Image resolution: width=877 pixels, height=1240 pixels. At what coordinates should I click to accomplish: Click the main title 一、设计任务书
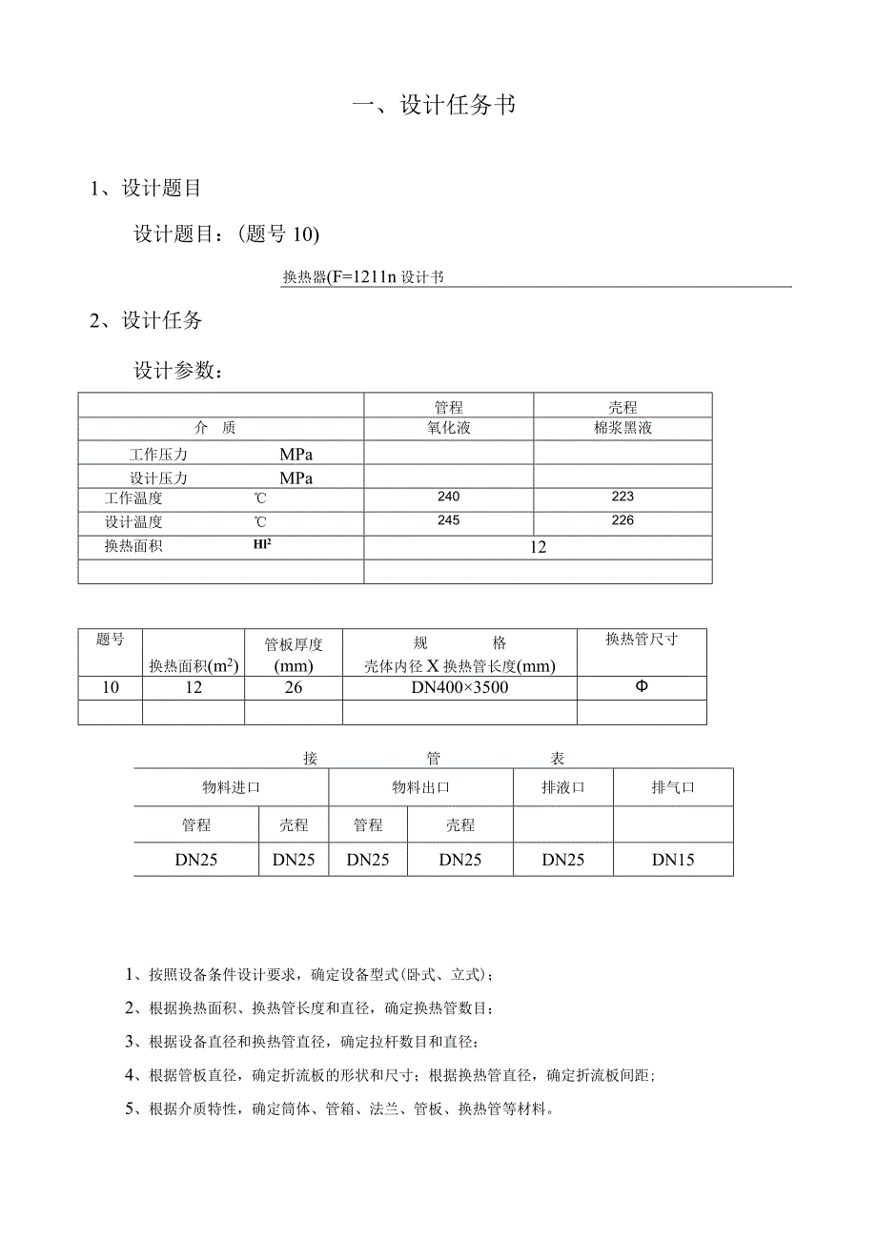coord(435,105)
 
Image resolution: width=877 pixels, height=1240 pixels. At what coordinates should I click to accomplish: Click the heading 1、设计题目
coord(146,189)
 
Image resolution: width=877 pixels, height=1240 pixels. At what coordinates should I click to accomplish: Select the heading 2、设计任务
coord(146,320)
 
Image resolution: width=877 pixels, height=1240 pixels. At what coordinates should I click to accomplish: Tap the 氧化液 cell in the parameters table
coord(449,429)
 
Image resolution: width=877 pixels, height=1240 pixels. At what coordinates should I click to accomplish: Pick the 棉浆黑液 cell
coord(622,429)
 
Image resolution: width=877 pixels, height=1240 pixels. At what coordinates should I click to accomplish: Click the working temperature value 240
coord(448,497)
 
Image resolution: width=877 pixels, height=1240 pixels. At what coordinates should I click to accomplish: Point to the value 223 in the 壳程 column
coord(622,497)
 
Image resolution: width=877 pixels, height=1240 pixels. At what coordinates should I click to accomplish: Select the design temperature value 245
coord(448,520)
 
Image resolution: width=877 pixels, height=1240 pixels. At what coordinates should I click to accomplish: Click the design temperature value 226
coord(622,520)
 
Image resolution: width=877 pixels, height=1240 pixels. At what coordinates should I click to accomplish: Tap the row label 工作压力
coord(158,454)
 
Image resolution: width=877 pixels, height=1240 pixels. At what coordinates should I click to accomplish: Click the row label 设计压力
coord(158,478)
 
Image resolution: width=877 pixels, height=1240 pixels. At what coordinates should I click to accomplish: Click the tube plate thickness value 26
coord(294,687)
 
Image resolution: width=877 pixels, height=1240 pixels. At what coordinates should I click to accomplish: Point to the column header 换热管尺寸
coord(642,640)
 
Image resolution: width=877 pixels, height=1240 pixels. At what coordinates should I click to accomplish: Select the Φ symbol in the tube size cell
coord(641,686)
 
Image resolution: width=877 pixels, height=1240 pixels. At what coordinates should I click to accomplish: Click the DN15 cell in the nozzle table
coord(673,860)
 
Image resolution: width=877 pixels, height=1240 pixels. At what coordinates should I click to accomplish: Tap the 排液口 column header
coord(562,788)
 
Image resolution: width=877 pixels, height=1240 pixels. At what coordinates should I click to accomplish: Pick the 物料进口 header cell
coord(231,788)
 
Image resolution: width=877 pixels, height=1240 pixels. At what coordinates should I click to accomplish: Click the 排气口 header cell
coord(673,788)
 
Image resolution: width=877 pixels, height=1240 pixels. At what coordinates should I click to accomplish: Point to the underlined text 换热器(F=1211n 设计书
coord(363,277)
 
